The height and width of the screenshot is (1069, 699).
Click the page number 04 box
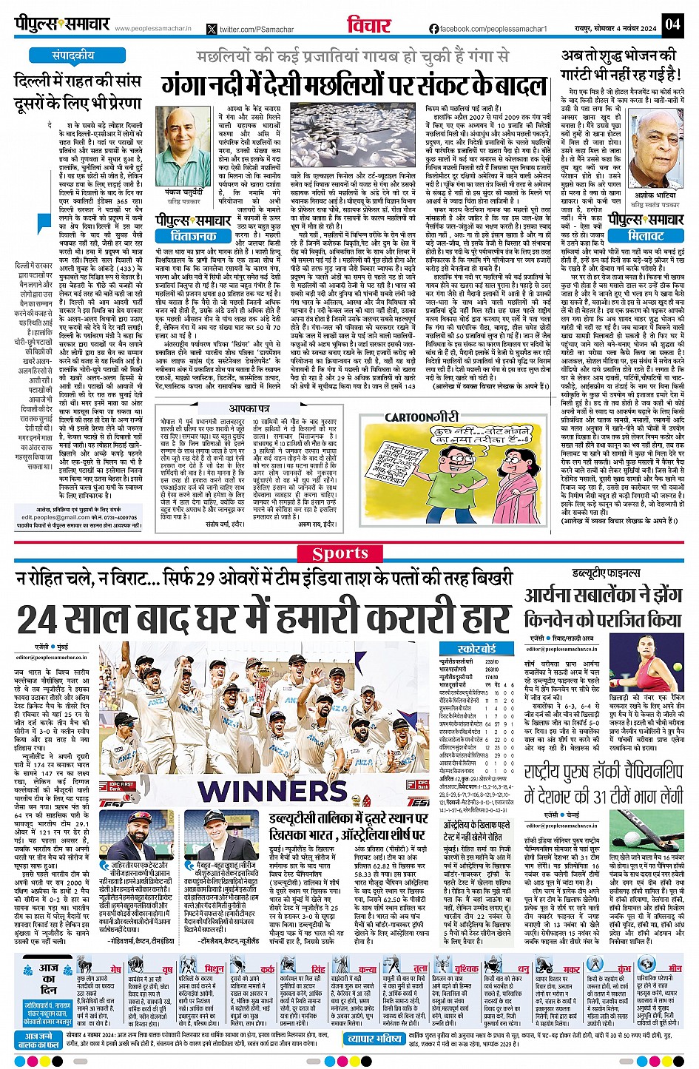[672, 24]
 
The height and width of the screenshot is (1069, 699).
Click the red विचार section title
[369, 24]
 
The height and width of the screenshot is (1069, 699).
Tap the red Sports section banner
[340, 553]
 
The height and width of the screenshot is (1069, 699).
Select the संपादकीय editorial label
[73, 55]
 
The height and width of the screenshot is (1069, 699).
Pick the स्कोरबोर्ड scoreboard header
[476, 648]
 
